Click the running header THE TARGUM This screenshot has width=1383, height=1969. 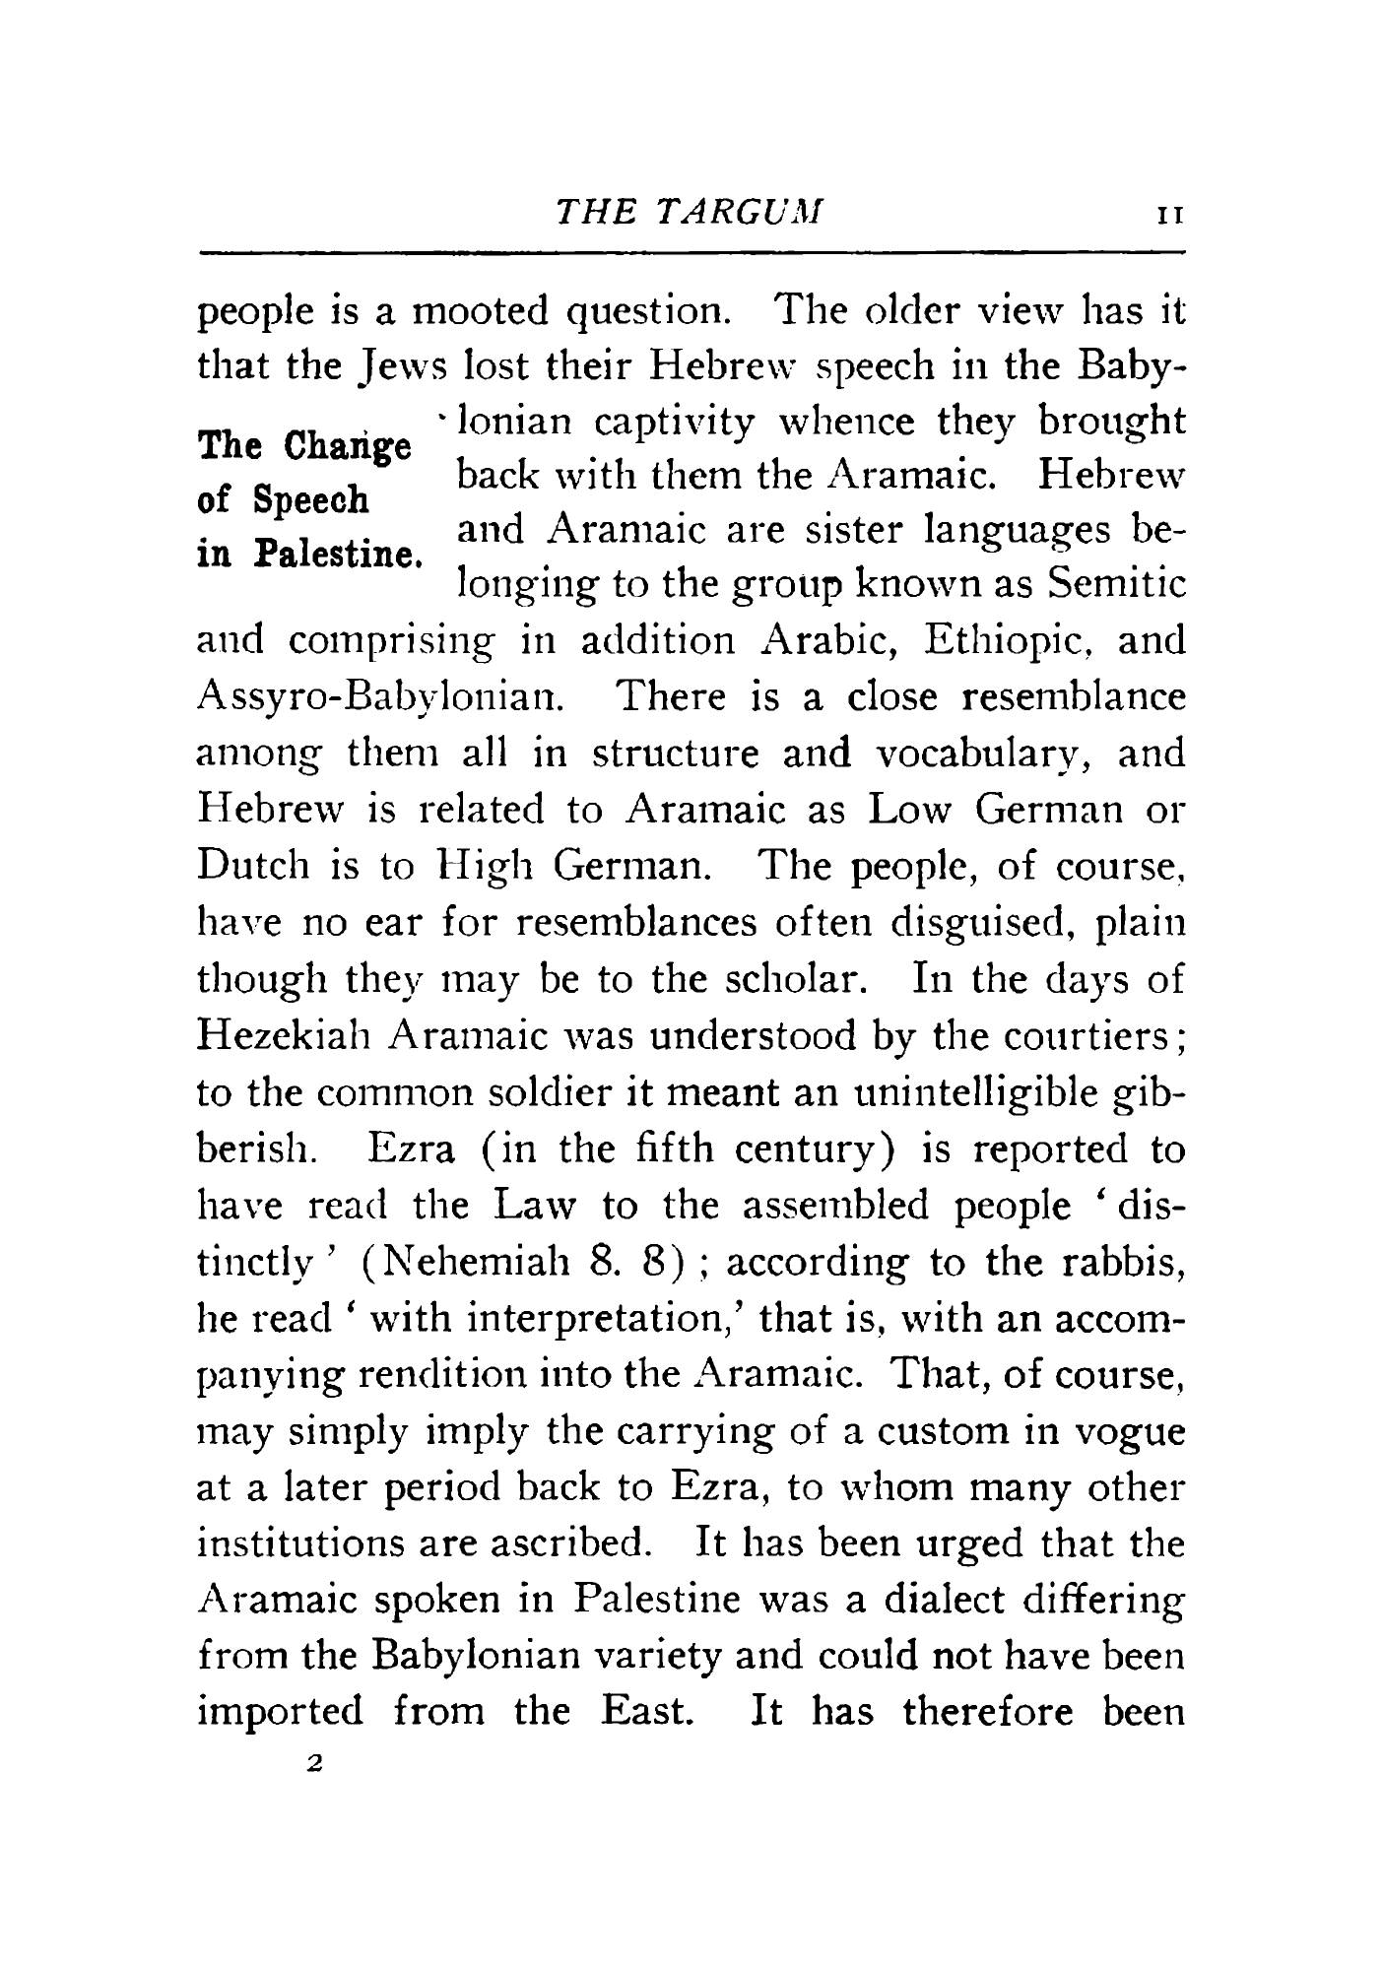[x=689, y=213]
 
